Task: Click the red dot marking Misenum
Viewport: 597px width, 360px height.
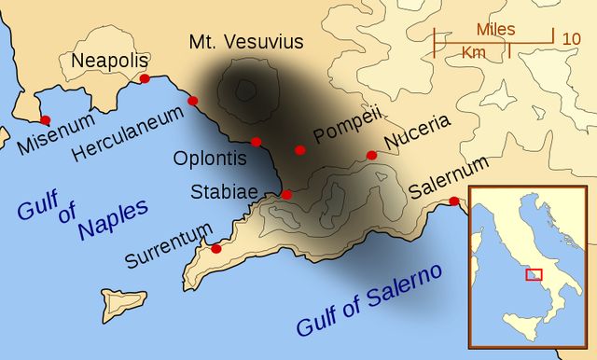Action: tap(45, 119)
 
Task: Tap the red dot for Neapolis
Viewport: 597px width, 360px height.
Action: tap(145, 78)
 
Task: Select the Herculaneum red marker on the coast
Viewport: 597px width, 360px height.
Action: tap(193, 101)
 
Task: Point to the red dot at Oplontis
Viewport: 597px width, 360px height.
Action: tap(256, 142)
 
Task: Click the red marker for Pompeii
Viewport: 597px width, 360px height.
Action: tap(299, 149)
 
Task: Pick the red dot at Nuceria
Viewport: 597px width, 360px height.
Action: tap(371, 155)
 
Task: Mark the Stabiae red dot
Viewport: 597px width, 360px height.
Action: tap(287, 195)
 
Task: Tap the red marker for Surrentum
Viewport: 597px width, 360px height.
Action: tap(216, 248)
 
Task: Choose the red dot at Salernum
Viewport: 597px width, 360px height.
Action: tap(453, 201)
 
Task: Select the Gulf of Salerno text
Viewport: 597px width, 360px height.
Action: tap(370, 300)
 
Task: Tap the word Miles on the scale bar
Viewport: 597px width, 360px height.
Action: tap(495, 29)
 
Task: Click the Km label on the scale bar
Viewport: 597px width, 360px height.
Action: tap(474, 53)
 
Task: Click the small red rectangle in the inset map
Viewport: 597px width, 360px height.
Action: tap(534, 274)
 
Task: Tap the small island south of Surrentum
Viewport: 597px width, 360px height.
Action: tap(124, 302)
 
